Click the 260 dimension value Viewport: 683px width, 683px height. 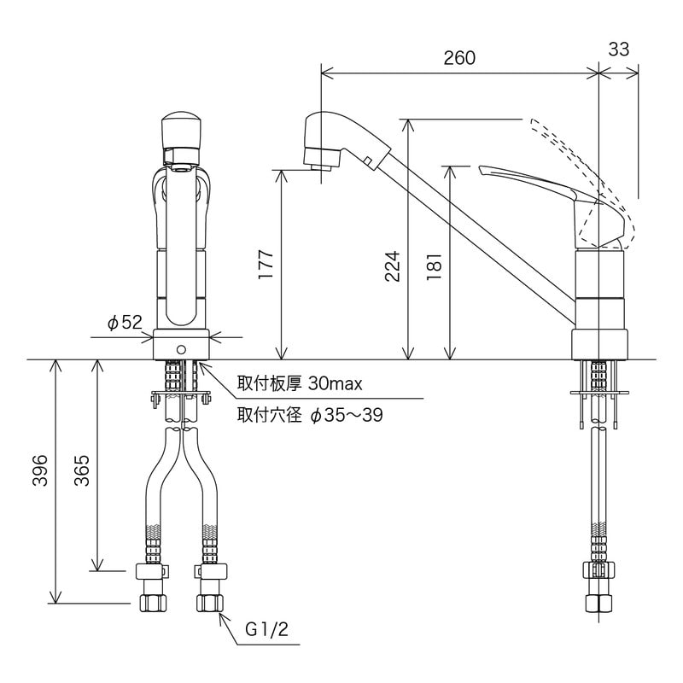coord(459,58)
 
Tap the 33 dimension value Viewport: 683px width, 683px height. coord(619,50)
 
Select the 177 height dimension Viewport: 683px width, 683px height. coord(265,266)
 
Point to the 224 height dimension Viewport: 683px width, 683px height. coord(392,266)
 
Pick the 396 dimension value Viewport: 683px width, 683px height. coord(39,470)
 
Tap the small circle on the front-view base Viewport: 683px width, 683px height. coord(181,350)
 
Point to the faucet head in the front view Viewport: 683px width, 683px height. coord(181,137)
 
